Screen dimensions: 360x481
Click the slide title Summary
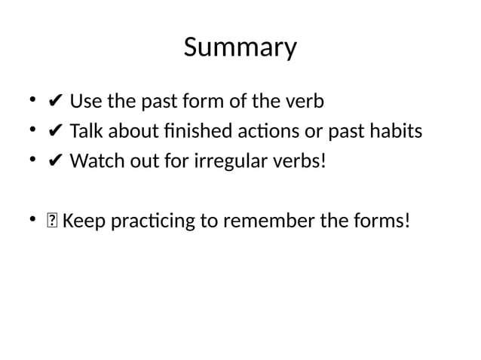coord(240,48)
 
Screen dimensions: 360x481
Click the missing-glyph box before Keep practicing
coord(52,222)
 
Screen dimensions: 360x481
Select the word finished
coord(179,132)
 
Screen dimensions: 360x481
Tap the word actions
coord(256,132)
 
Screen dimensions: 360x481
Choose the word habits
coord(395,132)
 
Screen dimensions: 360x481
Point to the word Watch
coord(96,162)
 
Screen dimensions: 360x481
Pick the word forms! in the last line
coord(384,222)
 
